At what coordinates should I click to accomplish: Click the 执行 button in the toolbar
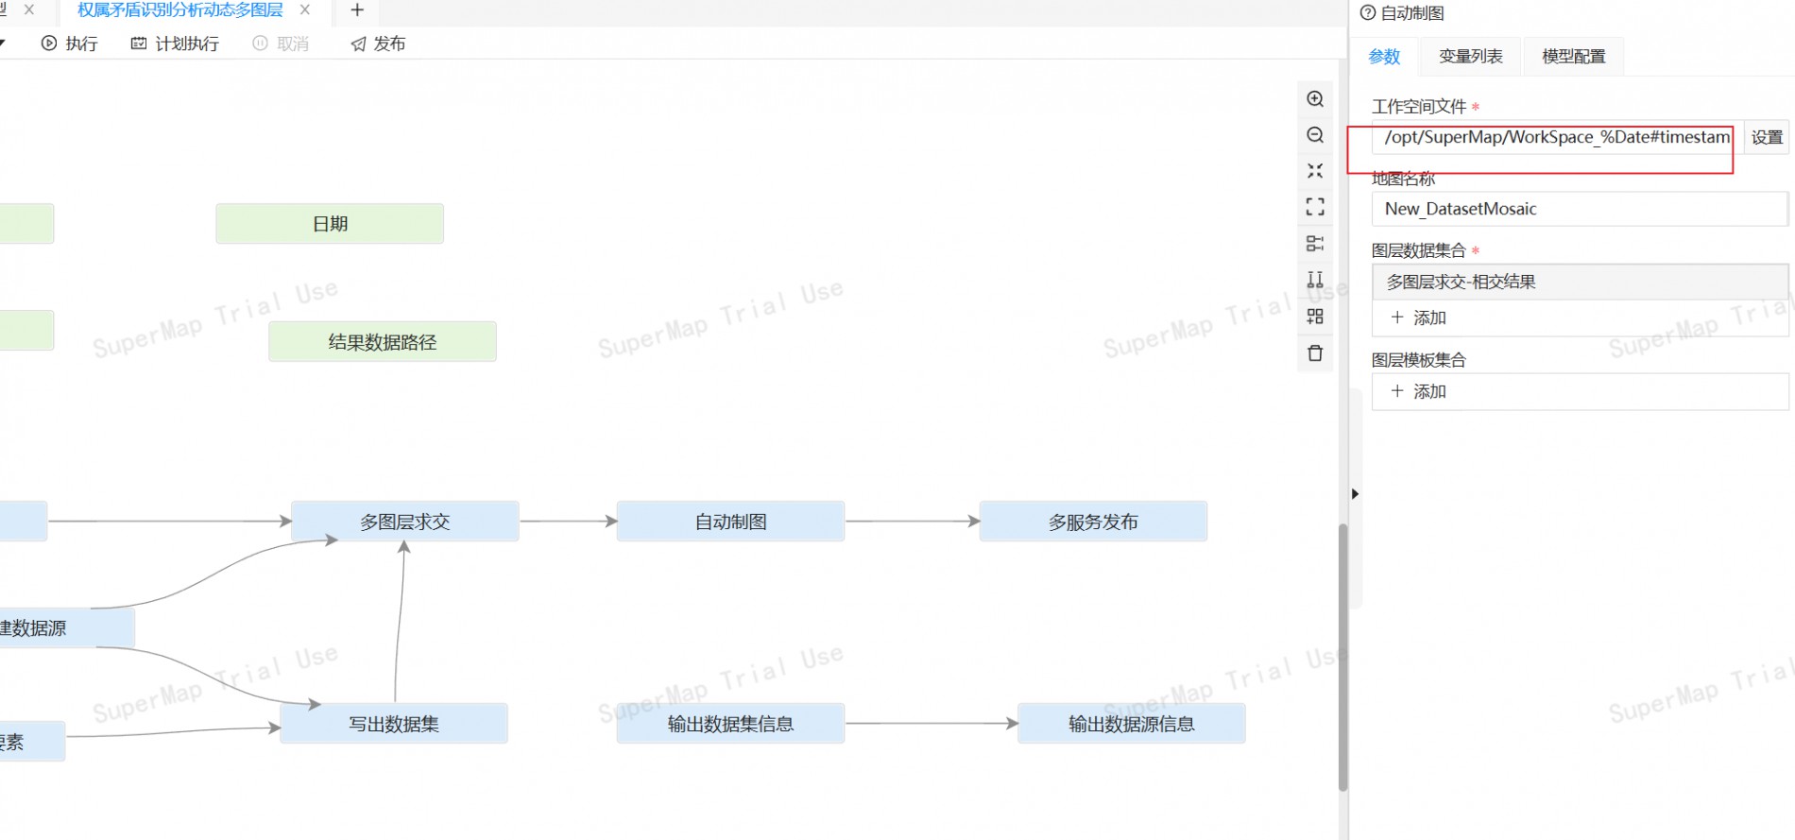70,43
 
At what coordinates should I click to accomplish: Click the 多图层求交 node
404,522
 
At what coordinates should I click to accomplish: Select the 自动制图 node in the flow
730,522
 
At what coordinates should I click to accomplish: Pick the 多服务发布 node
1093,522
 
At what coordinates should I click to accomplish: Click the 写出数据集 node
394,724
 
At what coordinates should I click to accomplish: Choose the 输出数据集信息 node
730,724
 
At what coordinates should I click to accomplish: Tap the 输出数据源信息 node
1131,724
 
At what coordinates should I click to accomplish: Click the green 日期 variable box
330,224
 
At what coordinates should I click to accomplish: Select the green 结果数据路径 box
383,342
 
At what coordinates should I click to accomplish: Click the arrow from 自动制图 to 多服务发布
912,521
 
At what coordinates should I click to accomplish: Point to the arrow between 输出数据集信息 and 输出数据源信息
931,724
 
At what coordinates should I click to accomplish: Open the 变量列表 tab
1470,57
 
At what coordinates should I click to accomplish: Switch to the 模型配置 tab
1573,57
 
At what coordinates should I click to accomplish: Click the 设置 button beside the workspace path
1766,137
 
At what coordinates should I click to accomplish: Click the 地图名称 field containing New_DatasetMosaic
1578,209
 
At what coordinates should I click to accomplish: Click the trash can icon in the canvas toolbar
1315,353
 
